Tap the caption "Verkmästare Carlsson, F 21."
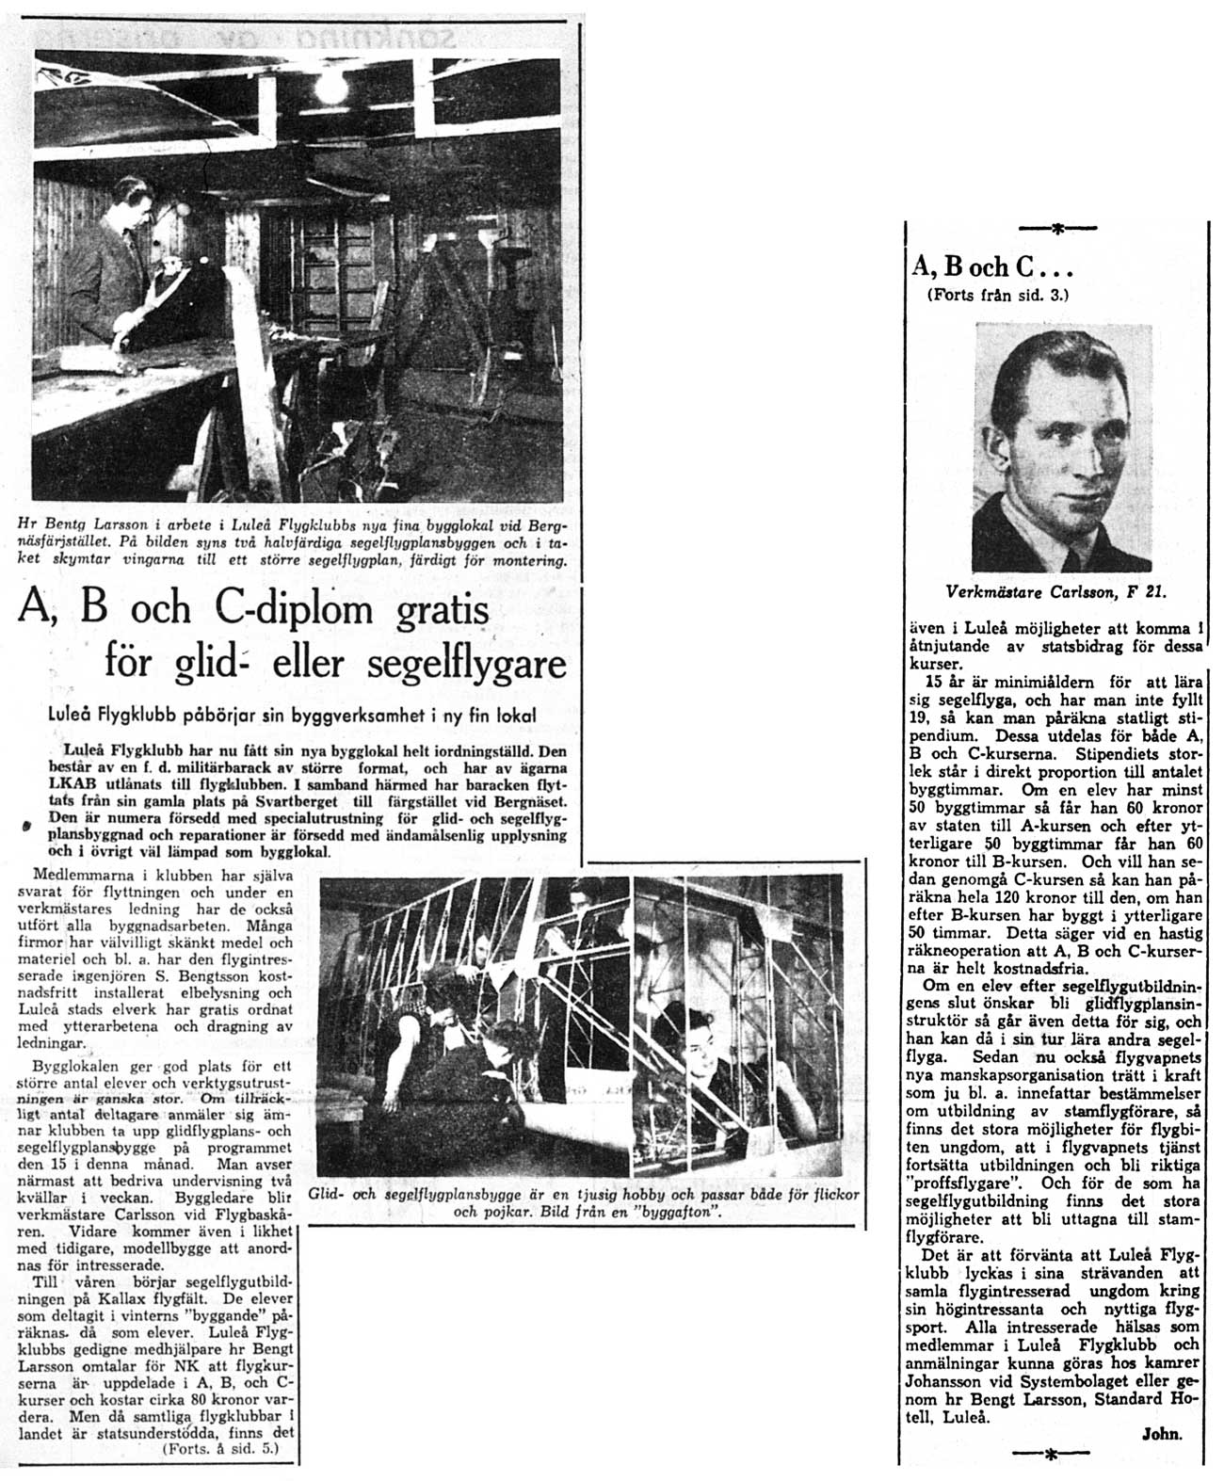(1059, 592)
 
